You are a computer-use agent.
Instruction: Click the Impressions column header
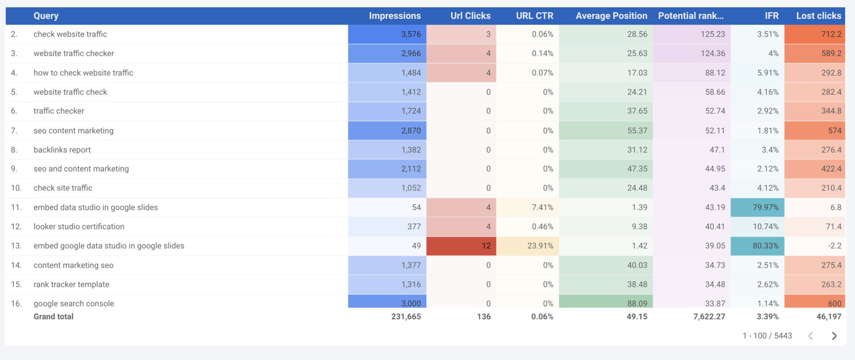coord(395,16)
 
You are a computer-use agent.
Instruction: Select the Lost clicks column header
coord(818,16)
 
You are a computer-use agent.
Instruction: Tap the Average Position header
coord(611,16)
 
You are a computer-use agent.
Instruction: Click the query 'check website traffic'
coord(70,34)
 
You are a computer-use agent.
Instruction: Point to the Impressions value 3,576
coord(411,34)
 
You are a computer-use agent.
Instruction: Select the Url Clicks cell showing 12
coord(486,246)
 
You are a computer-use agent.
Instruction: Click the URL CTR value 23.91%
coord(540,246)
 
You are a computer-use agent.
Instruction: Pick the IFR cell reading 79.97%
coord(765,208)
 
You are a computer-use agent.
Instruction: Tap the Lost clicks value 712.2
coord(831,34)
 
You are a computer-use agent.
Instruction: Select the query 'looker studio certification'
coord(79,227)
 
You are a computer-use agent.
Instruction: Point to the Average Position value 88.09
coord(637,303)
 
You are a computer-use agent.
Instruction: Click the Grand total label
coord(53,317)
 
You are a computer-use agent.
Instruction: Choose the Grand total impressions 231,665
coord(406,317)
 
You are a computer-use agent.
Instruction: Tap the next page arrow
coord(834,336)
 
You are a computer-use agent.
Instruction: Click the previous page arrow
coord(810,336)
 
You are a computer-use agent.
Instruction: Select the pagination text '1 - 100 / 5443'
coord(767,336)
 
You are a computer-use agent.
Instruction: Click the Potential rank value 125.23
coord(713,34)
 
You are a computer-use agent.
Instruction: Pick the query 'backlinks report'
coord(62,150)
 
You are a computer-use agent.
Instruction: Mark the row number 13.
coord(16,246)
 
